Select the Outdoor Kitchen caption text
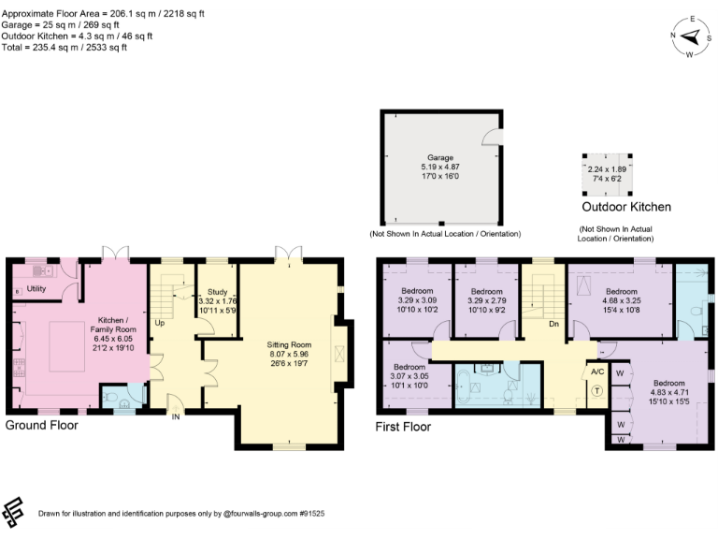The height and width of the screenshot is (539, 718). point(625,207)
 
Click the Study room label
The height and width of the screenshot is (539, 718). point(218,291)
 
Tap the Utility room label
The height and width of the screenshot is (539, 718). point(36,289)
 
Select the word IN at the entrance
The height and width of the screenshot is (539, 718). point(175,418)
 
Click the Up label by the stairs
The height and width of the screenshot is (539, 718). point(160,322)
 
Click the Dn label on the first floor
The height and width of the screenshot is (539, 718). point(553,325)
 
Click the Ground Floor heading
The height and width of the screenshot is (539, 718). point(41,425)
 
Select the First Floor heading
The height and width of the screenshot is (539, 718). point(405,427)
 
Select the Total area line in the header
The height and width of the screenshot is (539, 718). point(65,47)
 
